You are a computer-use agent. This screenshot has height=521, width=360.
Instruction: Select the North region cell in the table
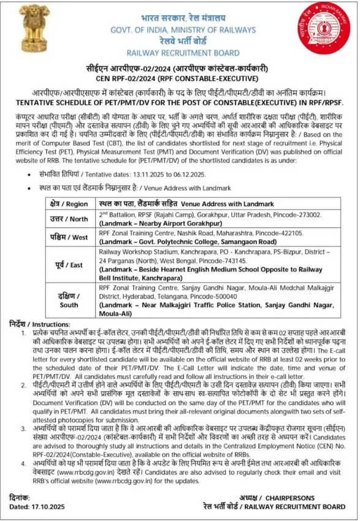click(69, 218)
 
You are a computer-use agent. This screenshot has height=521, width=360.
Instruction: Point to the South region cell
click(69, 300)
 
